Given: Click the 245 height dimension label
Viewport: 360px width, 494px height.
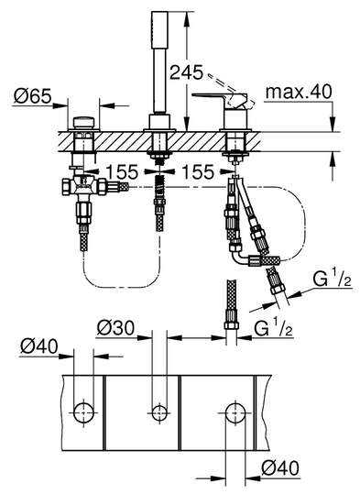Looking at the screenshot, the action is point(187,72).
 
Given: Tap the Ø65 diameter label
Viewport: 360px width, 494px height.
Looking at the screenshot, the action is point(32,95).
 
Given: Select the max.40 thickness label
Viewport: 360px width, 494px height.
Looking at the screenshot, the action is point(299,92).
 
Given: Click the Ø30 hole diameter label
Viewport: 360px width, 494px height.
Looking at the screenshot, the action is point(115,328).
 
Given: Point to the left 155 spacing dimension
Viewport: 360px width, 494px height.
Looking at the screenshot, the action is point(122,172).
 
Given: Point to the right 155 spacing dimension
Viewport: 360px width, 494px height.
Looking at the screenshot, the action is point(198,172).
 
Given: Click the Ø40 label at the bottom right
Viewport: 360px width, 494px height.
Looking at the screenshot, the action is point(280,467).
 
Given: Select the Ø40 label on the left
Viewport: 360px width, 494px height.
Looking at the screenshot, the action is point(39,346).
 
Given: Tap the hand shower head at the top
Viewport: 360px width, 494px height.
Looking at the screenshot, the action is point(159,30).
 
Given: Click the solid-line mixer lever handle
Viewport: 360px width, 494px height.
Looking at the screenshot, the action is point(220,101).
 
